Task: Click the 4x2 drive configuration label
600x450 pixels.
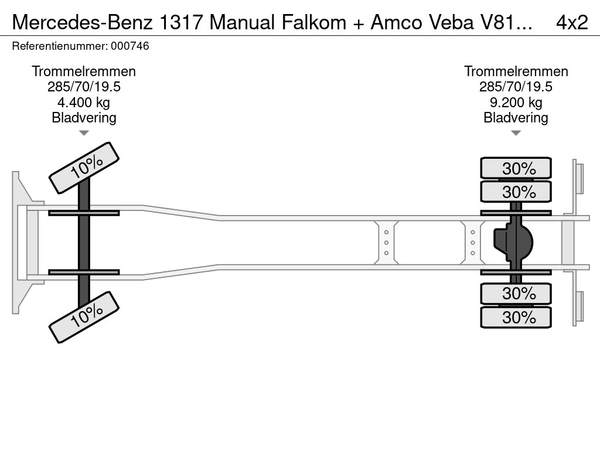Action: pyautogui.click(x=572, y=22)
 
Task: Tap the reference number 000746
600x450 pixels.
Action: pyautogui.click(x=129, y=46)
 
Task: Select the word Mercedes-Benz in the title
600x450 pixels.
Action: pyautogui.click(x=83, y=22)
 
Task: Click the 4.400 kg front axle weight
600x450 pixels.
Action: pyautogui.click(x=84, y=103)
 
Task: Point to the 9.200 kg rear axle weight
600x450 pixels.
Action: pyautogui.click(x=516, y=103)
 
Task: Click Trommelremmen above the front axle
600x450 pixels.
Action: pyautogui.click(x=84, y=71)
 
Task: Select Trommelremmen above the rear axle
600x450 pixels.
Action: pyautogui.click(x=516, y=71)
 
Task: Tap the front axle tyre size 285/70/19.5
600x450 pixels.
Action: pyautogui.click(x=84, y=87)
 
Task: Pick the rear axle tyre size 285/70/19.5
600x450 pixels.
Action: pyautogui.click(x=516, y=87)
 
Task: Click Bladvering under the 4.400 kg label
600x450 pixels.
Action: pyautogui.click(x=84, y=118)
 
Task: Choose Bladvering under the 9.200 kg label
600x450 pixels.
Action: pyautogui.click(x=516, y=118)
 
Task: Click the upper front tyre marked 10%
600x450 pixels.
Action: pyautogui.click(x=84, y=168)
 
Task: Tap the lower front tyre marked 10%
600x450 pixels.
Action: pyautogui.click(x=84, y=317)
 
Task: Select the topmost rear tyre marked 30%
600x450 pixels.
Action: pyautogui.click(x=516, y=168)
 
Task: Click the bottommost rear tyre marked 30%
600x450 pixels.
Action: pyautogui.click(x=516, y=317)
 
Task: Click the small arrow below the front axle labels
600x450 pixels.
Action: pyautogui.click(x=84, y=133)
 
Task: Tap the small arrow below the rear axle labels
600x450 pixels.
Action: pyautogui.click(x=516, y=133)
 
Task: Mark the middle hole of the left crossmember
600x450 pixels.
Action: pyautogui.click(x=386, y=243)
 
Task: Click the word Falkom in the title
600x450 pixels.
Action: pyautogui.click(x=314, y=22)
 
